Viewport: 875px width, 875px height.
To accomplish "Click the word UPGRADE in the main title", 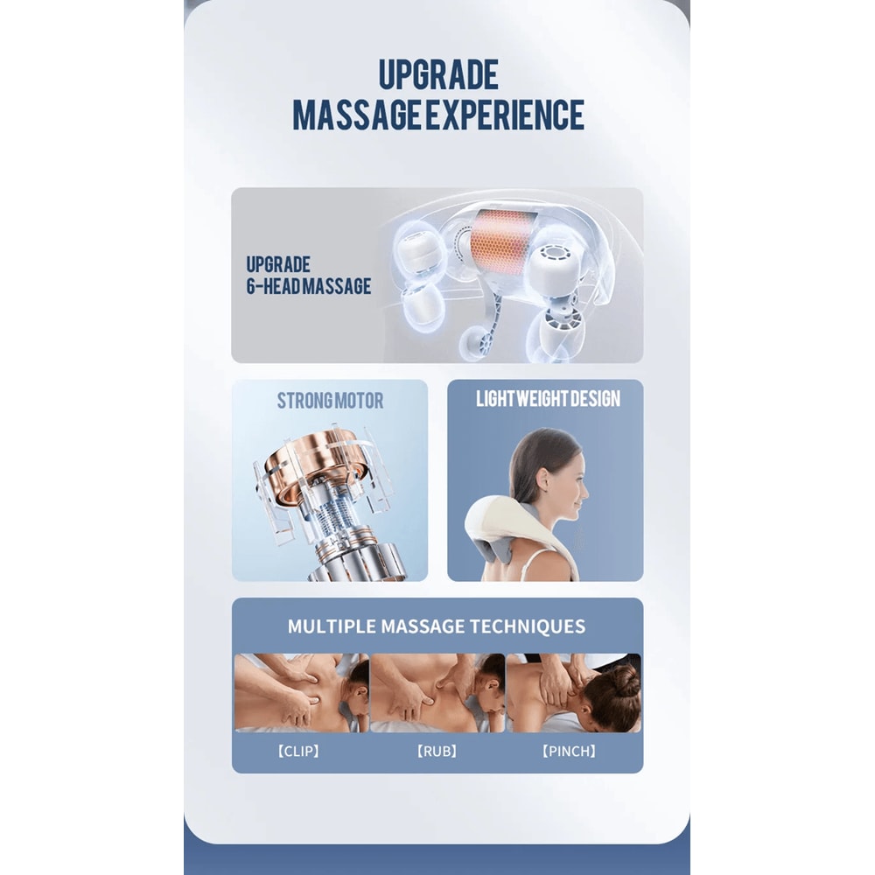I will [437, 75].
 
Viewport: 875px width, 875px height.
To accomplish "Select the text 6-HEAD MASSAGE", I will [308, 286].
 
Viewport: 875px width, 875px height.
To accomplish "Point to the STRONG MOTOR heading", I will [330, 401].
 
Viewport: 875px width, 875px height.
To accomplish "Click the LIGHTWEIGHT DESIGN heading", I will [548, 399].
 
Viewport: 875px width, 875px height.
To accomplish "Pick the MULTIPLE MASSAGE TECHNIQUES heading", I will [437, 626].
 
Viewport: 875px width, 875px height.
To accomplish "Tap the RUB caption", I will [437, 752].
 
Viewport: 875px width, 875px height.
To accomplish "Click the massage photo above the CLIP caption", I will [301, 692].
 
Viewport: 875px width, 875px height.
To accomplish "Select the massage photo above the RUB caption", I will [437, 692].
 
